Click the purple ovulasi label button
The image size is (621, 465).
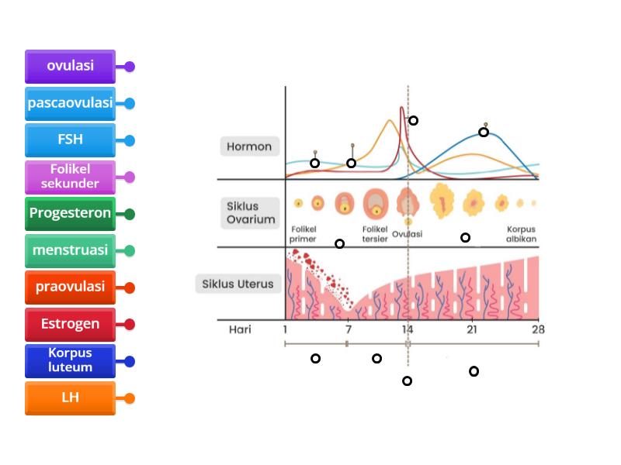coord(70,66)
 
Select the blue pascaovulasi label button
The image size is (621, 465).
coord(70,103)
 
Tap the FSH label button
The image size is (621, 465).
coord(70,140)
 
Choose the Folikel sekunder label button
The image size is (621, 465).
coord(70,177)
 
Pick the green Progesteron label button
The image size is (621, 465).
coord(70,214)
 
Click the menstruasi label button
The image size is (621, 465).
coord(70,250)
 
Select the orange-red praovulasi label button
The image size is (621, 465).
coord(70,287)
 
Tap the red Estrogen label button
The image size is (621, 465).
coord(70,324)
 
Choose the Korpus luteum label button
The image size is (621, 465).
coord(70,360)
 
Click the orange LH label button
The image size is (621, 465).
coord(70,398)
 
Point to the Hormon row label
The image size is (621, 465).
coord(249,146)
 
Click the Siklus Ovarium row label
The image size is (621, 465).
coord(251,213)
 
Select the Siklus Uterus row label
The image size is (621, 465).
coord(238,284)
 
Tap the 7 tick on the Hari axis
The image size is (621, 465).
coord(347,329)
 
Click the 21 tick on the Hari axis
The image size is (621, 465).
coord(471,329)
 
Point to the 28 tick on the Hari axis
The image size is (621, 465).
coord(537,329)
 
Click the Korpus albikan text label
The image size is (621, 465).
coord(521,234)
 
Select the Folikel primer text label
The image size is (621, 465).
coord(303,234)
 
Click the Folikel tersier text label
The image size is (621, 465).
coord(375,234)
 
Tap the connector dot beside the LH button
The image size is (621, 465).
coord(130,398)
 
